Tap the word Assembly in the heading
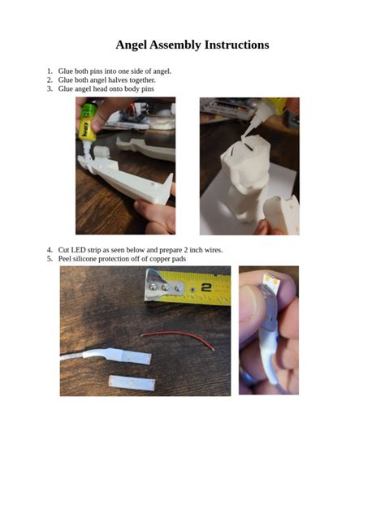(180, 45)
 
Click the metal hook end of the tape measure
(158, 286)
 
